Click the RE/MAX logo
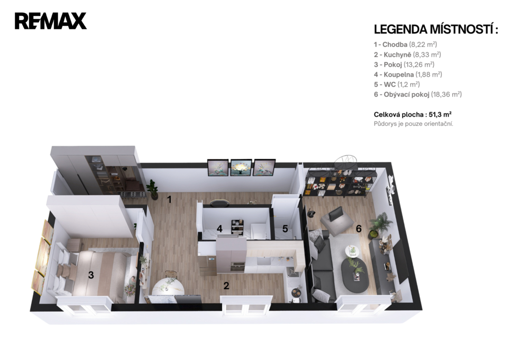tap(50, 21)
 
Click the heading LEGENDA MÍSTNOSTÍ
tap(436, 29)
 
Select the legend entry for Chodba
tap(405, 44)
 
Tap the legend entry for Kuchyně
tap(407, 55)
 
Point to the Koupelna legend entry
tap(408, 75)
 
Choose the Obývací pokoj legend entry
tap(418, 94)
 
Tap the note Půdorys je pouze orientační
tap(413, 124)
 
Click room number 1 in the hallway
tap(169, 199)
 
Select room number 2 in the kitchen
tap(226, 286)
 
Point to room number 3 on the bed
tap(91, 275)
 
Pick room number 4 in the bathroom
tap(220, 229)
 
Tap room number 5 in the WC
tap(285, 229)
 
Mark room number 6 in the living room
tap(359, 229)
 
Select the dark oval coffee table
tap(355, 275)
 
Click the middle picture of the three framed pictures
tap(241, 168)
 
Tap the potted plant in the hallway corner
tap(152, 189)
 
